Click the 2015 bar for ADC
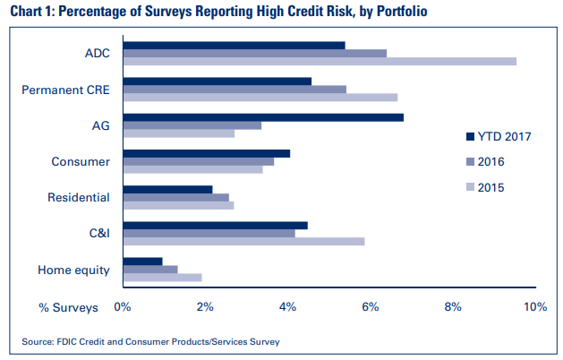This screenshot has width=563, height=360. pyautogui.click(x=319, y=61)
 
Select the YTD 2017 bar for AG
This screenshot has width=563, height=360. pyautogui.click(x=262, y=116)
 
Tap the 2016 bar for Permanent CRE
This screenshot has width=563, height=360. pyautogui.click(x=234, y=89)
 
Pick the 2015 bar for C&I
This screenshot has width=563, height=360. pyautogui.click(x=243, y=241)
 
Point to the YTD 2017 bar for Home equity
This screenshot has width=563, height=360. pyautogui.click(x=142, y=261)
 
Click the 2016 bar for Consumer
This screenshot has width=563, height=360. pyautogui.click(x=198, y=161)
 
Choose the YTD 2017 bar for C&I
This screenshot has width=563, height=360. pyautogui.click(x=215, y=225)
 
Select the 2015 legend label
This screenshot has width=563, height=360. pyautogui.click(x=491, y=187)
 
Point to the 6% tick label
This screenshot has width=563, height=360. pyautogui.click(x=370, y=307)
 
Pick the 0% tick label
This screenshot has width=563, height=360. pyautogui.click(x=123, y=307)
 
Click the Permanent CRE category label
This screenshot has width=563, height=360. pyautogui.click(x=65, y=90)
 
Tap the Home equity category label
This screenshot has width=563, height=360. pyautogui.click(x=73, y=269)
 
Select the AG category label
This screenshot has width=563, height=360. pyautogui.click(x=100, y=125)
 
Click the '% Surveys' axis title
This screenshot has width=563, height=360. pyautogui.click(x=68, y=307)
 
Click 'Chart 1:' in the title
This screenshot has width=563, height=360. pyautogui.click(x=34, y=13)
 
